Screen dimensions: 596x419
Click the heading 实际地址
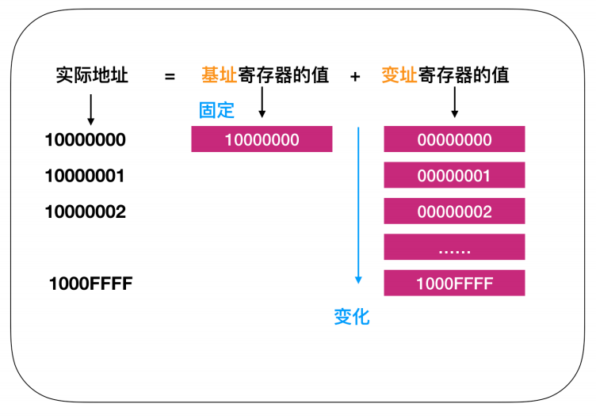[x=92, y=74]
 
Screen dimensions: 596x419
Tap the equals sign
[x=170, y=77]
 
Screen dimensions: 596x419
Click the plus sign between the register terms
[x=355, y=77]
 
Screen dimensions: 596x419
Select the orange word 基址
[x=220, y=74]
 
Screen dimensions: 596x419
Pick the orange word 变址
[x=399, y=74]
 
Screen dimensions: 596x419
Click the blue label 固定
[x=216, y=110]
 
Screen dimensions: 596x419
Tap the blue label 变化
[x=352, y=317]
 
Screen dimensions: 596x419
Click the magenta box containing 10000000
[x=262, y=139]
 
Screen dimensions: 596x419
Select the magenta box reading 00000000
[x=454, y=139]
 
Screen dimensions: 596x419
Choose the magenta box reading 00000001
[x=454, y=175]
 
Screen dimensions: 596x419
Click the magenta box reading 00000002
[x=454, y=211]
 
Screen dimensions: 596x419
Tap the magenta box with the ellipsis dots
[x=454, y=247]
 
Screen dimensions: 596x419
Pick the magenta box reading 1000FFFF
[x=454, y=283]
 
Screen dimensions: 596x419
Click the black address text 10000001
[x=85, y=176]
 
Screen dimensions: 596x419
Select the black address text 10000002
[x=85, y=211]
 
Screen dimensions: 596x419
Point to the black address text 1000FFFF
[x=91, y=284]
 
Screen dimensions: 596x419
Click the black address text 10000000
[x=85, y=139]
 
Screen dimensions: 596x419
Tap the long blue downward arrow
[x=358, y=205]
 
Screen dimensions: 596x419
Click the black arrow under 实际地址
[x=91, y=110]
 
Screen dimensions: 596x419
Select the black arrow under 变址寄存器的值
[x=455, y=102]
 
